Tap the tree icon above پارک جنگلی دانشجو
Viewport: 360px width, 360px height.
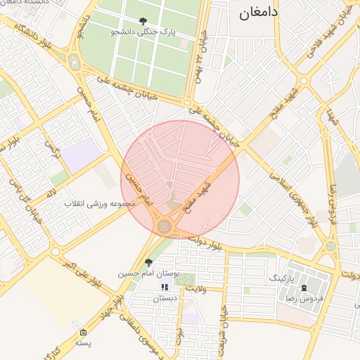[x=143, y=21]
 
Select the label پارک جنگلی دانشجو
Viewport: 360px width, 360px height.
[x=143, y=32]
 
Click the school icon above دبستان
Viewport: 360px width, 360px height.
[x=165, y=287]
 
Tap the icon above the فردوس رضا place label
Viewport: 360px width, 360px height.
[x=304, y=288]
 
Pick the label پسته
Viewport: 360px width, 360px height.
[x=84, y=343]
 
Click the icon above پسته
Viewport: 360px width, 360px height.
[x=84, y=333]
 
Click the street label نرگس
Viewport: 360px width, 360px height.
[x=50, y=147]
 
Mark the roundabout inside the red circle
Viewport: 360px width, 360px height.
[x=165, y=226]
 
